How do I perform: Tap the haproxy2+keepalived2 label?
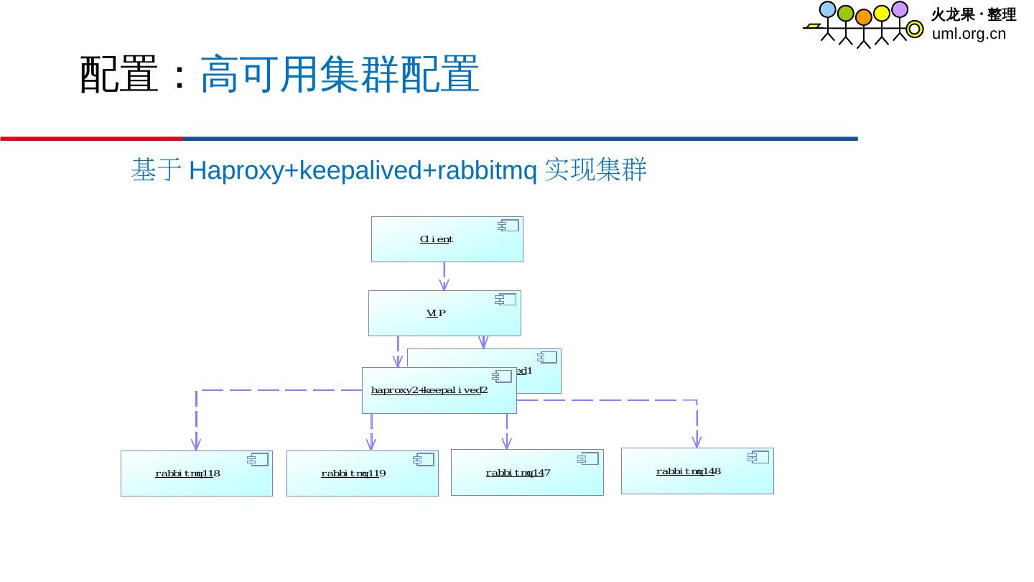(x=429, y=390)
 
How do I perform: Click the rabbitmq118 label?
(x=187, y=474)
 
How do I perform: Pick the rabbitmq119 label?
(x=353, y=474)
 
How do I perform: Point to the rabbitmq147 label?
(x=518, y=473)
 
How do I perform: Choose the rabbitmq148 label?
(x=688, y=471)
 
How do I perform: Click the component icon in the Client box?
(x=508, y=226)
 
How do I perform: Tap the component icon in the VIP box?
(x=506, y=300)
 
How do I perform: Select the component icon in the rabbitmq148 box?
(x=758, y=457)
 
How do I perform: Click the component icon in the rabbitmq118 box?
(x=258, y=460)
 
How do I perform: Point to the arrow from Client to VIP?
(x=444, y=276)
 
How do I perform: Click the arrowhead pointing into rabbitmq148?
(x=697, y=441)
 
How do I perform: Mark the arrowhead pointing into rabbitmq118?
(x=196, y=443)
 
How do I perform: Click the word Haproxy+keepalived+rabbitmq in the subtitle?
(x=363, y=171)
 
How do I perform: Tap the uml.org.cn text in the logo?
(x=969, y=34)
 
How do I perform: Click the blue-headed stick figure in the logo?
(x=828, y=22)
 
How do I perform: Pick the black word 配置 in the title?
(x=118, y=74)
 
